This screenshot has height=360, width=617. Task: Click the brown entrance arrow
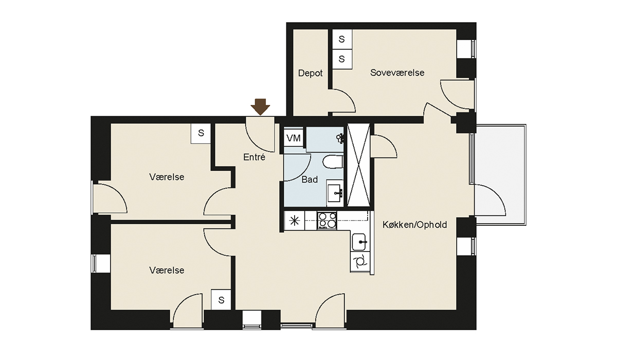pos(260,107)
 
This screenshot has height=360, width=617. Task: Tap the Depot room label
pos(310,73)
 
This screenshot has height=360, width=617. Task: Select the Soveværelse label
pos(397,73)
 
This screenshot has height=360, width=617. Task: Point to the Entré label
pos(254,157)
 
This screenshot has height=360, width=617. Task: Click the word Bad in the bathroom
pos(310,179)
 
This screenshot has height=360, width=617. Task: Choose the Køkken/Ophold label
pos(414,225)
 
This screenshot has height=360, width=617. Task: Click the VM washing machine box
pos(294,138)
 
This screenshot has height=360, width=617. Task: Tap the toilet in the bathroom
pos(333,162)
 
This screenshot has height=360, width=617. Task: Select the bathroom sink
pos(335,193)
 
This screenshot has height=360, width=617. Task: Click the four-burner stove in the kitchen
pos(327,220)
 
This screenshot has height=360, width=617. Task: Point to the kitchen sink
pos(359,242)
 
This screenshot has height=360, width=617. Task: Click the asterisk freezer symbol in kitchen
pos(295,221)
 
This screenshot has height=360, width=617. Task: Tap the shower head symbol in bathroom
pos(340,138)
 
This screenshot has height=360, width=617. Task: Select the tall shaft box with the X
pos(358,165)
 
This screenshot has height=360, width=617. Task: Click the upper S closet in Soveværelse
pos(342,40)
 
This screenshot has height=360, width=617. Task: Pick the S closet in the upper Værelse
pos(201,133)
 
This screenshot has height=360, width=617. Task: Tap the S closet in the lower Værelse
pos(221,300)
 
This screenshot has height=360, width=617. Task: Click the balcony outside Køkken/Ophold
pos(501,175)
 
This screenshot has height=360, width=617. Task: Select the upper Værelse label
pos(167,177)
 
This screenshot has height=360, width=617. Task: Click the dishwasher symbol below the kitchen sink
pos(360,261)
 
